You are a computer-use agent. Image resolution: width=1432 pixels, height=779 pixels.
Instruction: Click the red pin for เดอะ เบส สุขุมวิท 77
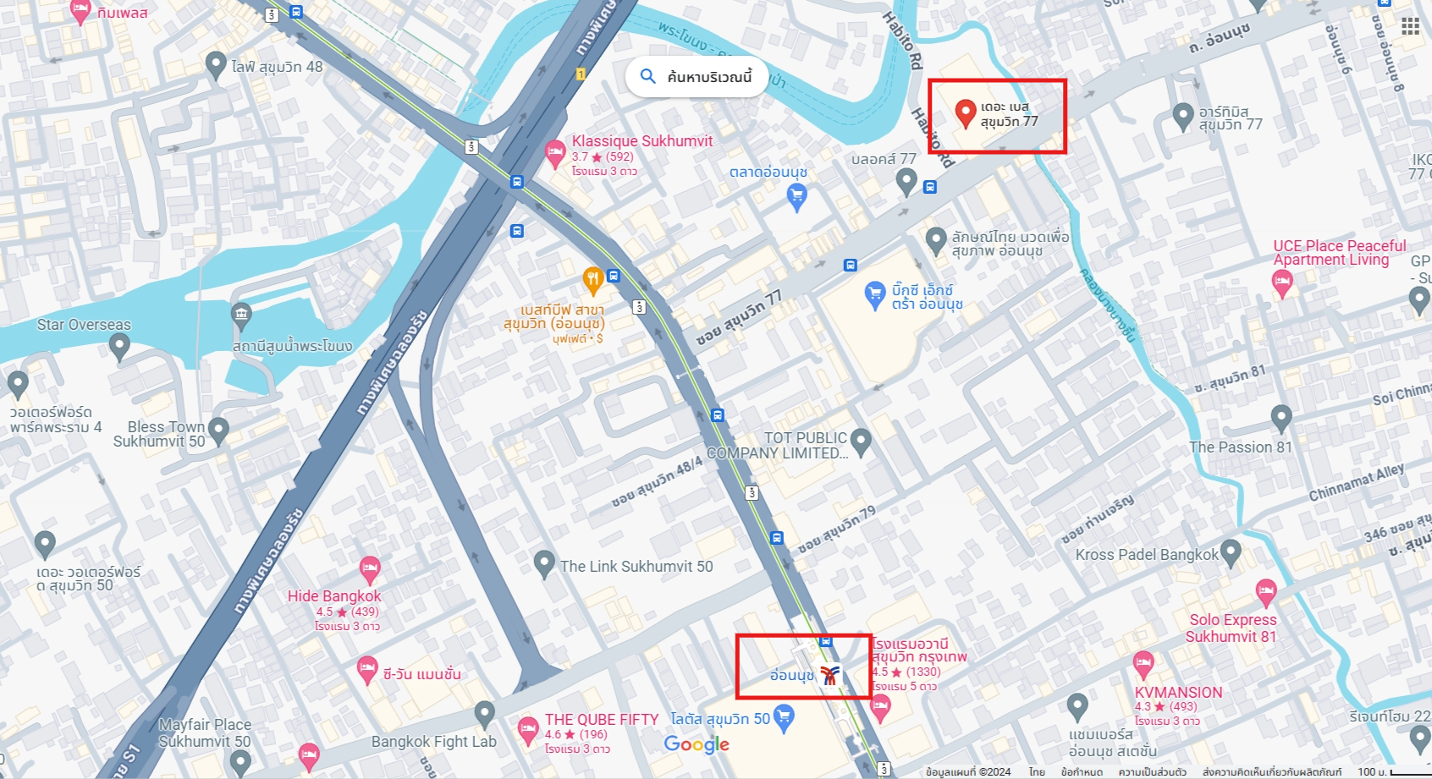point(965,112)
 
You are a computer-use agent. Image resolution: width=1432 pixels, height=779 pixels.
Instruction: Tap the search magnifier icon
point(648,76)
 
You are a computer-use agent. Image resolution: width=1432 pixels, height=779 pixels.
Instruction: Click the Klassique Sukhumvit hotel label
point(642,141)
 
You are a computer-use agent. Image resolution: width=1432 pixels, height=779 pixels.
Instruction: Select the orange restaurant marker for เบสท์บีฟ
point(592,279)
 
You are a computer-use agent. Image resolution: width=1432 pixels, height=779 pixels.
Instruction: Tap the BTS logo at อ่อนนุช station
point(829,674)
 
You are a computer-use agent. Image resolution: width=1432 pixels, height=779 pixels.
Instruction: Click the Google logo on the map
point(696,744)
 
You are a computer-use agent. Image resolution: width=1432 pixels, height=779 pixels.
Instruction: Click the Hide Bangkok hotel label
point(334,596)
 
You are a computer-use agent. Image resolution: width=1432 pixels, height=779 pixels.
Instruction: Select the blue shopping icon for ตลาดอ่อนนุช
point(796,197)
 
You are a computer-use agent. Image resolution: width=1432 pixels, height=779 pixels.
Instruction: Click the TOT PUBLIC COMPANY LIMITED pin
point(861,441)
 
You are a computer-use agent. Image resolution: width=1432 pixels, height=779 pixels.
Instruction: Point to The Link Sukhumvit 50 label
point(636,567)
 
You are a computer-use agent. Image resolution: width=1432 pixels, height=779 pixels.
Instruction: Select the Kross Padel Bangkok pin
point(1231,552)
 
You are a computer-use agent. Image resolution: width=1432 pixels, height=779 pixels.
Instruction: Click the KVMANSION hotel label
point(1178,693)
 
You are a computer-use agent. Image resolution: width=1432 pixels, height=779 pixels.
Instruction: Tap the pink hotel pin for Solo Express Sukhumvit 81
point(1265,593)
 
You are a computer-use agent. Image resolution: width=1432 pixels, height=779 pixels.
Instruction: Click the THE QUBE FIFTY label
point(601,720)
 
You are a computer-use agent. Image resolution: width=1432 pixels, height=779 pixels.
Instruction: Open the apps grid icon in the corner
point(1410,26)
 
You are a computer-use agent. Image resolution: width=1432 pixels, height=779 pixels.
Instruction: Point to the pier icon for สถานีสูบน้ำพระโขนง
point(241,315)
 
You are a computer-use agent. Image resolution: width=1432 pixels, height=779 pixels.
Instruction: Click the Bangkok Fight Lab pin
point(484,714)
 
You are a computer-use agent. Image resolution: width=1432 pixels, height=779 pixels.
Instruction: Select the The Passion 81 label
point(1240,447)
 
